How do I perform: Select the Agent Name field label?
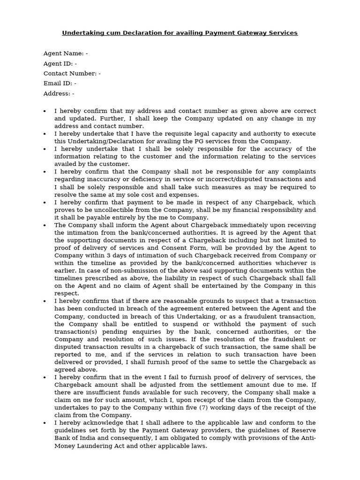click(x=64, y=53)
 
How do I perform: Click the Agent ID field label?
click(x=58, y=63)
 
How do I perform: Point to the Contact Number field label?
click(x=70, y=74)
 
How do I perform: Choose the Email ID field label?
click(x=58, y=83)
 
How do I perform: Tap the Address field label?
click(x=57, y=94)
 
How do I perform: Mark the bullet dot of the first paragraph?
click(x=45, y=111)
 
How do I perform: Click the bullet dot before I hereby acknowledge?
click(x=45, y=423)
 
